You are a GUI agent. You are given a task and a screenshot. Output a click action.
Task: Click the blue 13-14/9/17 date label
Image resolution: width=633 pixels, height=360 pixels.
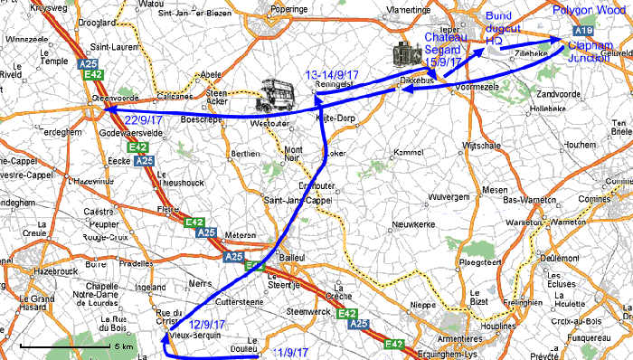(334, 73)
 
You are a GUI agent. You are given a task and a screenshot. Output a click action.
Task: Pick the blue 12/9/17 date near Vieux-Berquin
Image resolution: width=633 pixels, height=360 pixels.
(208, 324)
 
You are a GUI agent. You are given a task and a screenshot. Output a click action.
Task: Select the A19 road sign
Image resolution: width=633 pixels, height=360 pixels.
(583, 31)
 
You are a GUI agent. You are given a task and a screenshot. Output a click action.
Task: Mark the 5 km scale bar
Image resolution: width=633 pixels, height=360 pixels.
(76, 346)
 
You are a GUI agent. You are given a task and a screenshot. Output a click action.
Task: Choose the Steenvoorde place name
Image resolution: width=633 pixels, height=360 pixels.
(114, 97)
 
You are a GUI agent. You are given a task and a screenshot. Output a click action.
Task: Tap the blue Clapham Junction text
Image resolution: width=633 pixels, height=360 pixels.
(589, 52)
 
